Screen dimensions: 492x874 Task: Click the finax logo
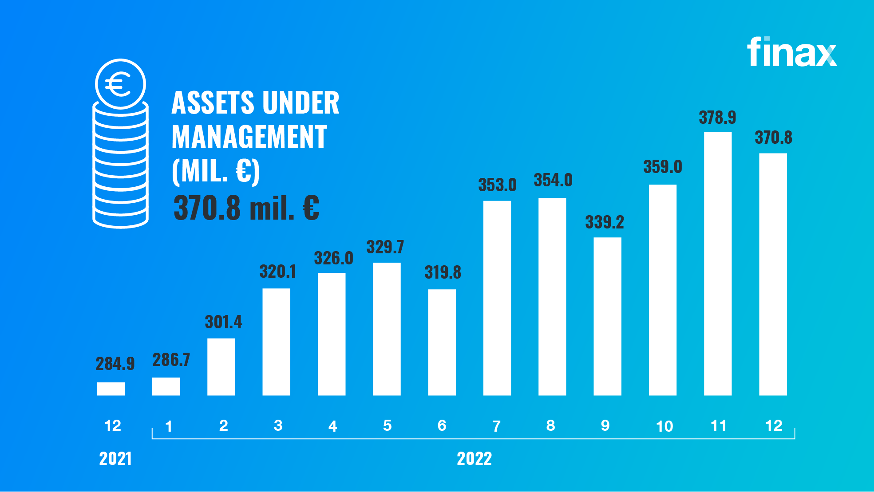792,52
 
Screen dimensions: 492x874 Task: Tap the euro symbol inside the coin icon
119,84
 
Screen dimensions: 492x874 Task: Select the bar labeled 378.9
718,264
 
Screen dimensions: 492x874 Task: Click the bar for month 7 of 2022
497,298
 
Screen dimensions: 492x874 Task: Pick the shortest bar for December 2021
111,389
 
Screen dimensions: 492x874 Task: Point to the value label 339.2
605,222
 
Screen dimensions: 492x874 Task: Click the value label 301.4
223,322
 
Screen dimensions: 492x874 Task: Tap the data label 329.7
385,247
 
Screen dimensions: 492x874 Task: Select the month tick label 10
664,426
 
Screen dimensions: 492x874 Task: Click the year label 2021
115,459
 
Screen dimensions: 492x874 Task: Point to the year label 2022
474,459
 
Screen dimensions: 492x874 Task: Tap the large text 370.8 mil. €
246,208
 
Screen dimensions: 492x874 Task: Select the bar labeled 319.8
442,342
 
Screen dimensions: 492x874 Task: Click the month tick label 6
442,426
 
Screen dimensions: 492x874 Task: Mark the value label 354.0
553,181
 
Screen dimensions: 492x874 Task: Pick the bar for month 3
276,342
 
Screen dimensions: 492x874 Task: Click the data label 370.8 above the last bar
773,138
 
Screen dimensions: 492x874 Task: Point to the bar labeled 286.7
166,386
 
